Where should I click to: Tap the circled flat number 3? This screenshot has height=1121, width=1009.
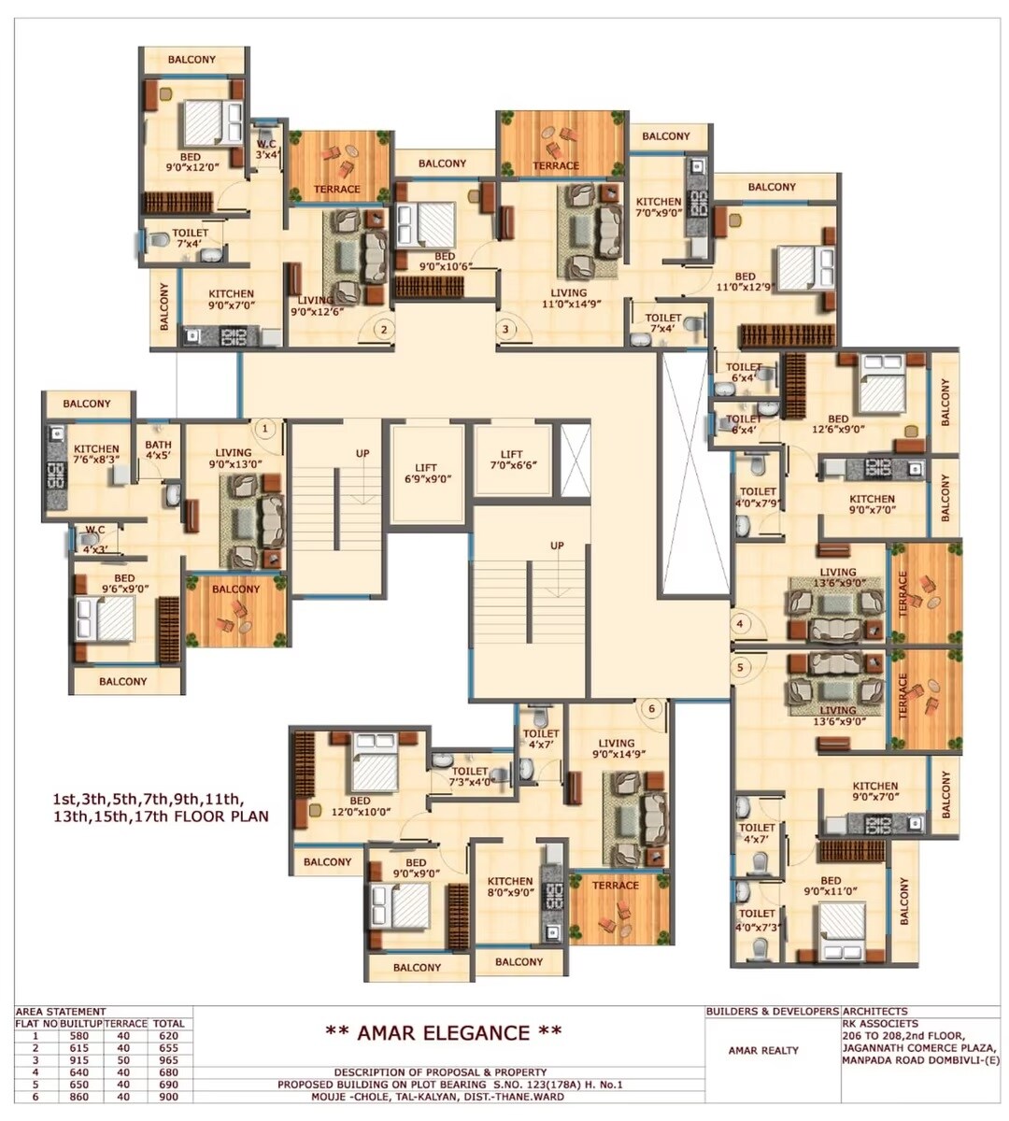click(x=505, y=328)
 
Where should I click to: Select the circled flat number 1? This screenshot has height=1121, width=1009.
click(x=265, y=429)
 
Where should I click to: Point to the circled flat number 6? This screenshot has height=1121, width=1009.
click(x=652, y=708)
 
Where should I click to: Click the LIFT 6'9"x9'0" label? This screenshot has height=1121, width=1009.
click(x=426, y=474)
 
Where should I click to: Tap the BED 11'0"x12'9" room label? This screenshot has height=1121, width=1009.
click(x=745, y=282)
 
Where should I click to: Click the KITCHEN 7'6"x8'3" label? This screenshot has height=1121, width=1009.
click(x=96, y=454)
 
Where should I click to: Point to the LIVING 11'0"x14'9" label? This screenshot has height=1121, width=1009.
click(x=561, y=299)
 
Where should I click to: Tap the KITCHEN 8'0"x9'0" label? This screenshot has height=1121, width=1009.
click(x=510, y=886)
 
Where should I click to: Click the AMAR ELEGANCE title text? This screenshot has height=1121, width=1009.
click(x=443, y=1032)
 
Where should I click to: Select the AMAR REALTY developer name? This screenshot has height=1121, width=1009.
click(x=763, y=1050)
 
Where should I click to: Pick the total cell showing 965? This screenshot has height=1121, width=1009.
click(x=169, y=1060)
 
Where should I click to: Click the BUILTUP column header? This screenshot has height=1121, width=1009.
click(x=80, y=1024)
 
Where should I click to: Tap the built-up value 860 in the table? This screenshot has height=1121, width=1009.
click(x=80, y=1097)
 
